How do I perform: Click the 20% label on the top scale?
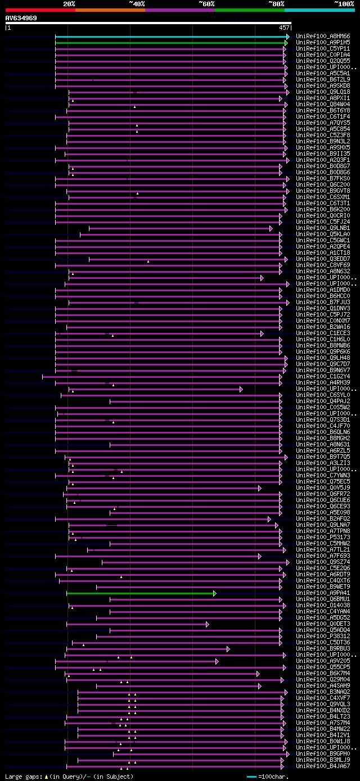[69, 3]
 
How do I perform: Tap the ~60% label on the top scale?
[206, 3]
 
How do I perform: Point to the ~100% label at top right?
[344, 3]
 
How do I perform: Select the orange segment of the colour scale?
[110, 10]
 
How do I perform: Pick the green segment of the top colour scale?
[249, 10]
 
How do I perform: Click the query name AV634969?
[21, 18]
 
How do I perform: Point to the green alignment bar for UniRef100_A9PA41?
[141, 593]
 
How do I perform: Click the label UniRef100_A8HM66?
[323, 37]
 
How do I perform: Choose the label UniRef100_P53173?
[323, 538]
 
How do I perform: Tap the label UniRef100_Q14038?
[323, 606]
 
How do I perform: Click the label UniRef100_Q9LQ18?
[323, 92]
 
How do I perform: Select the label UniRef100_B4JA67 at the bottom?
[323, 766]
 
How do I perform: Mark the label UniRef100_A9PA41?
[323, 593]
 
